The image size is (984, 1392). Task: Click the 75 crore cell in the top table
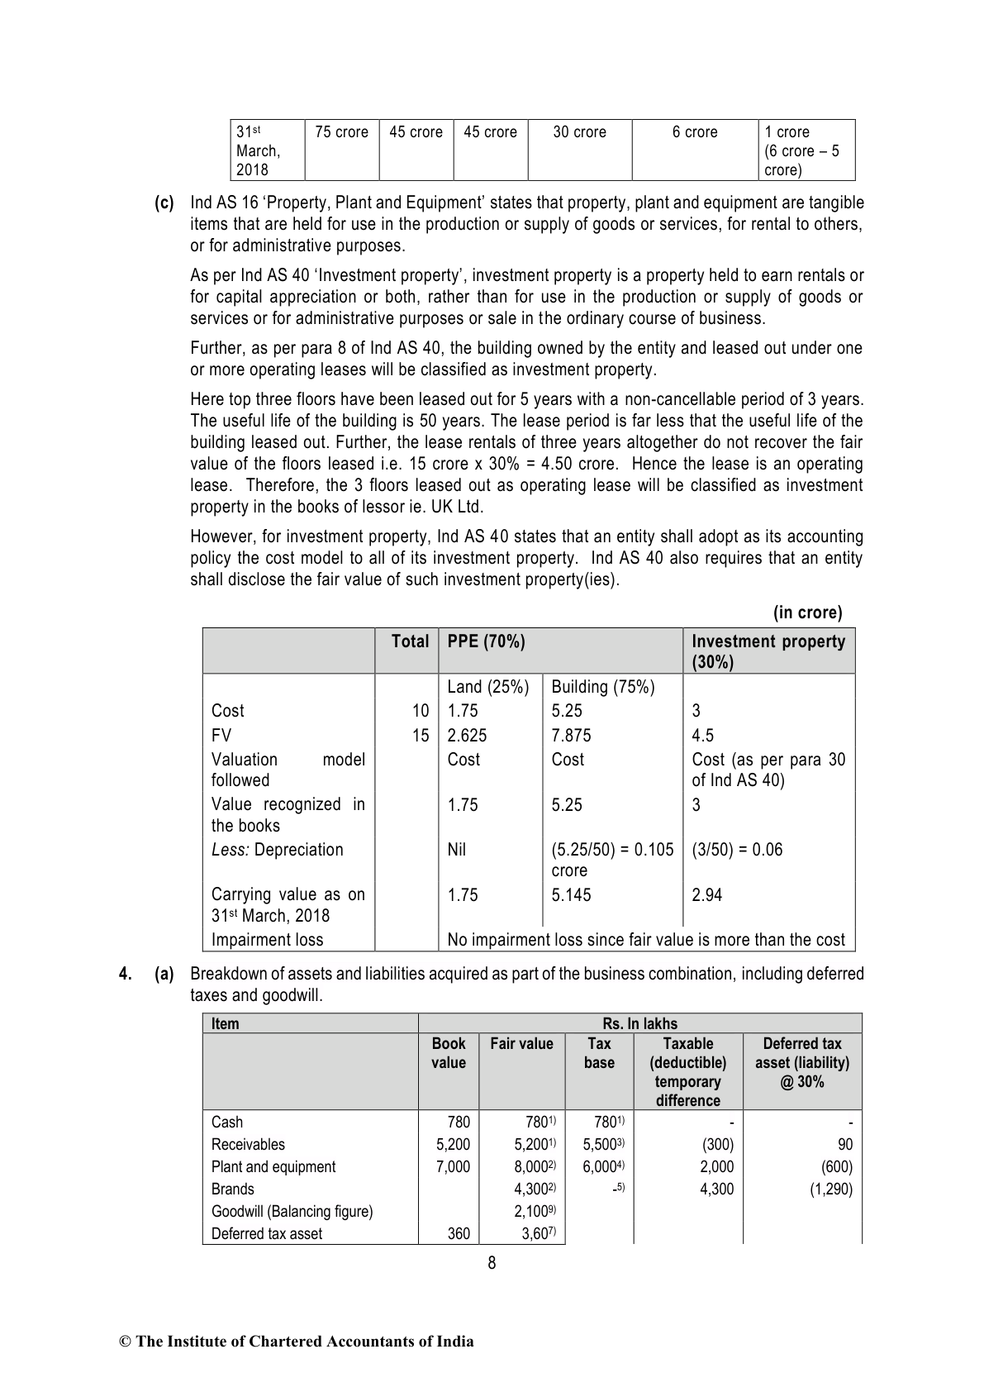tap(341, 132)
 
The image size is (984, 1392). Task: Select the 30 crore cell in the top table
tap(579, 132)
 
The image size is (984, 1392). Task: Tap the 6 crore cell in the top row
tap(695, 132)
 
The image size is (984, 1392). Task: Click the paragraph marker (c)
tap(164, 203)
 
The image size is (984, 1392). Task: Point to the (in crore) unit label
tap(807, 613)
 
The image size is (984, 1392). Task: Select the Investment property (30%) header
tap(768, 651)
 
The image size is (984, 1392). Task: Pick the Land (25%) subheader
tap(488, 687)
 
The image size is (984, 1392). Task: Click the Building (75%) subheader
tap(602, 687)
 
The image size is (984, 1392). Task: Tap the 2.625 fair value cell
tap(467, 736)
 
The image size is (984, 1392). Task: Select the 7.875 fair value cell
tap(571, 736)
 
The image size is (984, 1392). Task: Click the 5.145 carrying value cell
tap(571, 894)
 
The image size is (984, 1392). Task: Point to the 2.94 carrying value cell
tap(706, 894)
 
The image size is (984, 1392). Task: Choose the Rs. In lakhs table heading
tap(639, 1023)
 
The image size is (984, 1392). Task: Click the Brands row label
tap(232, 1189)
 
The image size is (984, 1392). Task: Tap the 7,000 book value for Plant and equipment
tap(452, 1166)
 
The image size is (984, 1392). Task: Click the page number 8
tap(492, 1262)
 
